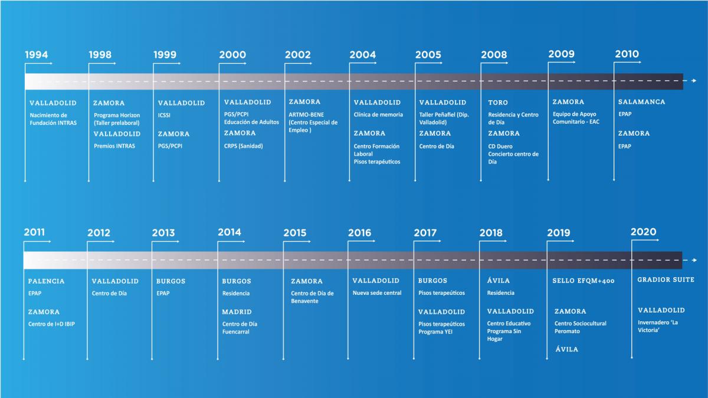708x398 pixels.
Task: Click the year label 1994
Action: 37,55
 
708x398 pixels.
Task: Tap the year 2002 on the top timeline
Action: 298,55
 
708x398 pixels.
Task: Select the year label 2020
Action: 644,232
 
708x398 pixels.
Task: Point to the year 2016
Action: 360,233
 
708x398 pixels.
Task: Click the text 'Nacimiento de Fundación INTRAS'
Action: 53,119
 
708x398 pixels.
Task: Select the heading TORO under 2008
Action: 498,103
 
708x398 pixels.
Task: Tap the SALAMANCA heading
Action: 642,101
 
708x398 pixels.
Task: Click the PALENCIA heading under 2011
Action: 46,281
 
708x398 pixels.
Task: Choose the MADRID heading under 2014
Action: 237,312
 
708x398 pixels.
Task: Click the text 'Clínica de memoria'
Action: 378,114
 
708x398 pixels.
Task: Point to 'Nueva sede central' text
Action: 377,293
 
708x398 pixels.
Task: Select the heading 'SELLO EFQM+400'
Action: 584,281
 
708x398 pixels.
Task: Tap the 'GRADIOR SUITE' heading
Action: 666,280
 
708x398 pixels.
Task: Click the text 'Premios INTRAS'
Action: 114,146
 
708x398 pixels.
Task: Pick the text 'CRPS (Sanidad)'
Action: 243,146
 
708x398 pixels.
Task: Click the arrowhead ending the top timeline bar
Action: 694,81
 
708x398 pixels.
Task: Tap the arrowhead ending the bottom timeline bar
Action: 694,260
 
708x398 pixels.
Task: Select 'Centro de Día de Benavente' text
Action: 312,297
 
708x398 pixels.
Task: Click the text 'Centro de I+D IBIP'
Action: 51,324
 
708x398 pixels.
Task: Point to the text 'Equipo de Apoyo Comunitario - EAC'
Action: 576,118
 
